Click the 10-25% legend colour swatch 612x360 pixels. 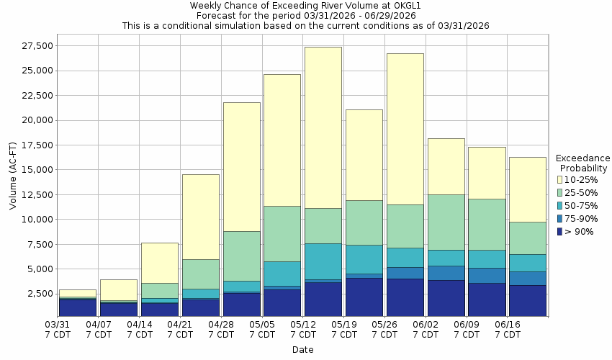[561, 180]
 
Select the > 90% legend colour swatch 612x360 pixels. [561, 232]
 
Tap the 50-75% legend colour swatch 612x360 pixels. [561, 206]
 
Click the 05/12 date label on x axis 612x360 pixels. [303, 329]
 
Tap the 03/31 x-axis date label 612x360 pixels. [58, 329]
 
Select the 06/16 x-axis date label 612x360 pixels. [508, 329]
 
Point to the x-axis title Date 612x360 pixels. [302, 350]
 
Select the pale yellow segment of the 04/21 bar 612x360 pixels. [200, 217]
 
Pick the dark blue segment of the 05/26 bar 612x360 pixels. [405, 297]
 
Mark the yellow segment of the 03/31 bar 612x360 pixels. [78, 293]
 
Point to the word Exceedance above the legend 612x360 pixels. [582, 158]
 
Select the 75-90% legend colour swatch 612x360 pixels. [561, 219]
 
